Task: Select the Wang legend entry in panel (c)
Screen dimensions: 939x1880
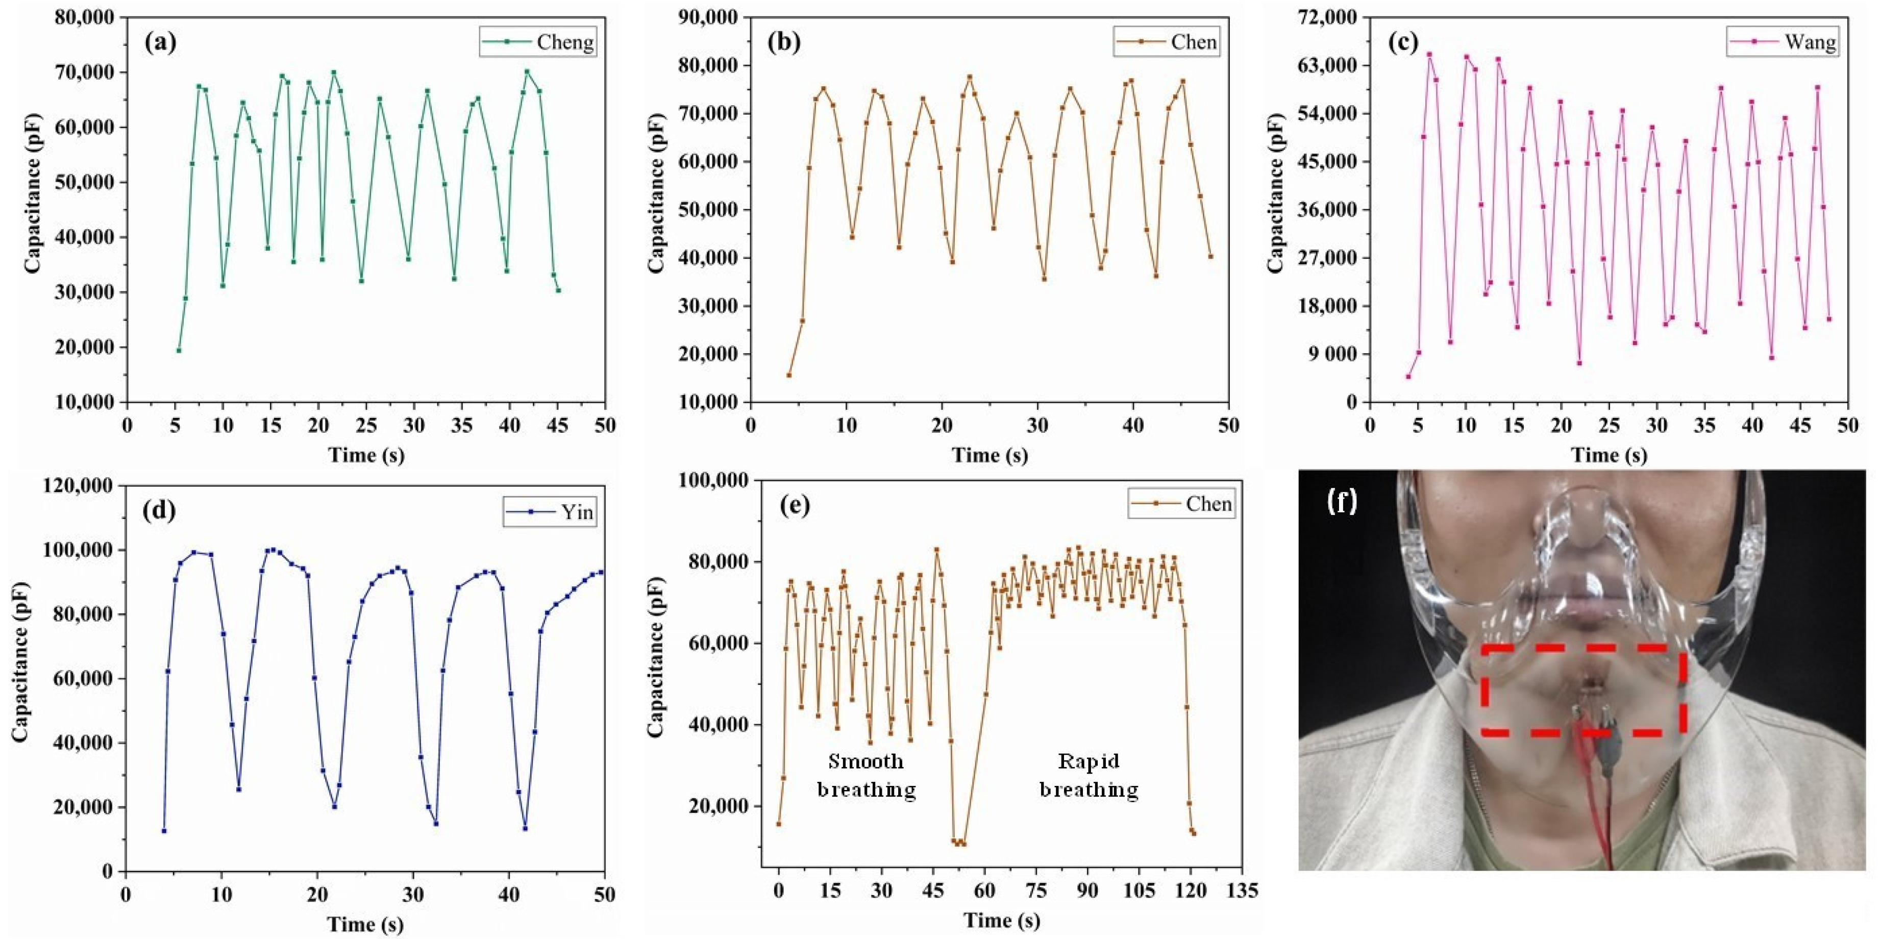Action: (x=1782, y=42)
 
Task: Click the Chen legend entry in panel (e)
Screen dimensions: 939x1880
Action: (x=1182, y=504)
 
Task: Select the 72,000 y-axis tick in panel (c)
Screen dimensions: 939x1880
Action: (x=1326, y=17)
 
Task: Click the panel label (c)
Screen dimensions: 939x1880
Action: (x=1403, y=42)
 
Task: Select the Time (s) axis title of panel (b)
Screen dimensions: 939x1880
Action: (x=990, y=455)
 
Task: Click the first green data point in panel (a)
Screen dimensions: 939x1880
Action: (x=179, y=350)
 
